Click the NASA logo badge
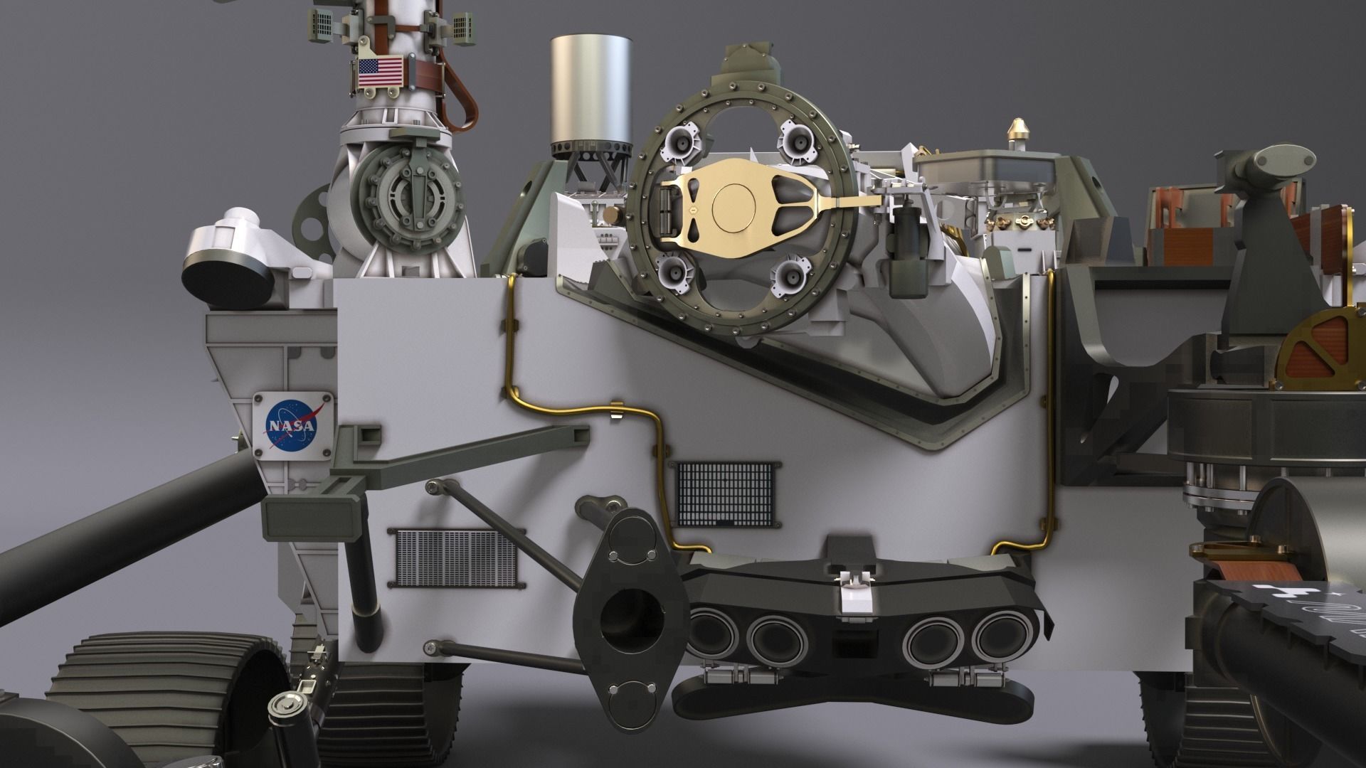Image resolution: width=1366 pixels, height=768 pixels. (x=292, y=425)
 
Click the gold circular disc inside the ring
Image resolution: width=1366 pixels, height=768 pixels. (x=732, y=206)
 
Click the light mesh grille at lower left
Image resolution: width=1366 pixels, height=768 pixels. (x=456, y=558)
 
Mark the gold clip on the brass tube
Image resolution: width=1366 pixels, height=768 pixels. (x=616, y=412)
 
